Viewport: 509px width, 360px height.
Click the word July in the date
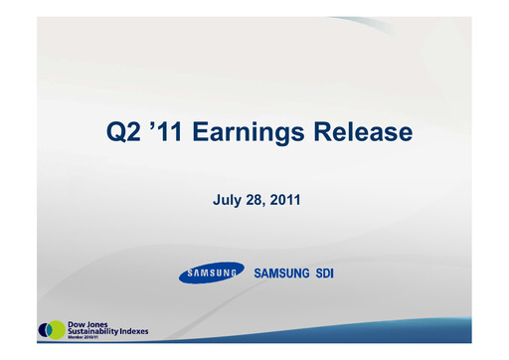pyautogui.click(x=228, y=200)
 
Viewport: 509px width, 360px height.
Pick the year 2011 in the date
pyautogui.click(x=284, y=200)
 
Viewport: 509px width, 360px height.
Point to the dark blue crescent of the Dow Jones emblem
pyautogui.click(x=43, y=329)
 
